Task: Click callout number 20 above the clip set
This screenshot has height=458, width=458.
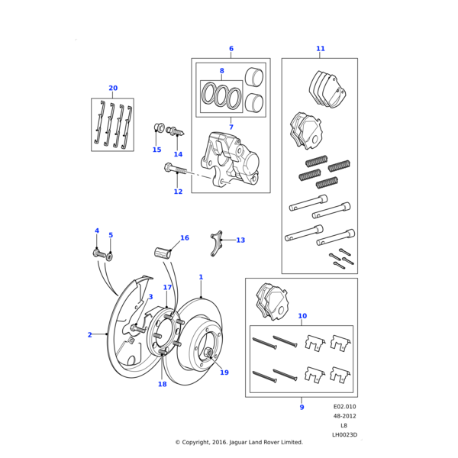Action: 113,88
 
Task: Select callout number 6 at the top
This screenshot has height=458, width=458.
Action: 231,49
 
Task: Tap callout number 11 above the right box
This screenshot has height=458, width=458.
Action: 321,49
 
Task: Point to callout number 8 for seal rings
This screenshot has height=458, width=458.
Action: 222,71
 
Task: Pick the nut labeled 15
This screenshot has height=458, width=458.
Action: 159,127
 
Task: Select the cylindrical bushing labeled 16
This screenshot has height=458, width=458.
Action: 162,252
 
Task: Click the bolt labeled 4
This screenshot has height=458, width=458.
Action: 98,253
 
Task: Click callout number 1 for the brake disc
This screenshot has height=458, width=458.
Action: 201,277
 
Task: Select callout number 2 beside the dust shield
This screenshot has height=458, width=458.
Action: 89,334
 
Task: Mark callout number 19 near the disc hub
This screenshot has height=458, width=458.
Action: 224,373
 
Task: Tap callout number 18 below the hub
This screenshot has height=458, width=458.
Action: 162,384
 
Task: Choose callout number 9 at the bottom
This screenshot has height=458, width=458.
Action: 302,408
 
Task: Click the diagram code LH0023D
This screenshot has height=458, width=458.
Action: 344,434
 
